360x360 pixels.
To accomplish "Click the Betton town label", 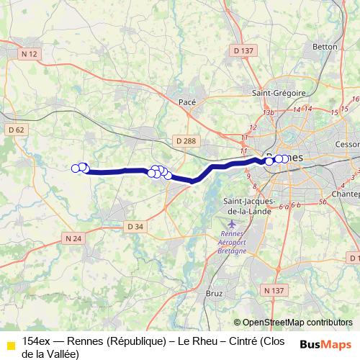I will pos(325,47).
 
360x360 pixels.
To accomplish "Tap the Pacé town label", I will pos(187,103).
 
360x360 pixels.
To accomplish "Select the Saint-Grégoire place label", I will pos(279,93).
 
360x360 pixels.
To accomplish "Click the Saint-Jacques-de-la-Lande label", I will pos(246,205).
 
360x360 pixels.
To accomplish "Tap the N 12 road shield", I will pos(29,54).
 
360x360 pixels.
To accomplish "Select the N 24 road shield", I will pos(72,238).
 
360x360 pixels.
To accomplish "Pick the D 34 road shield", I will pos(135,227).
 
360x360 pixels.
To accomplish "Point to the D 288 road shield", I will pos(184,142).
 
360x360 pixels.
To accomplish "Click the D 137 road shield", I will pos(244,50).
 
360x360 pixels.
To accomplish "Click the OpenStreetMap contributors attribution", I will pos(293,323).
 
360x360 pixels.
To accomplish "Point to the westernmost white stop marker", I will pos(75,168).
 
